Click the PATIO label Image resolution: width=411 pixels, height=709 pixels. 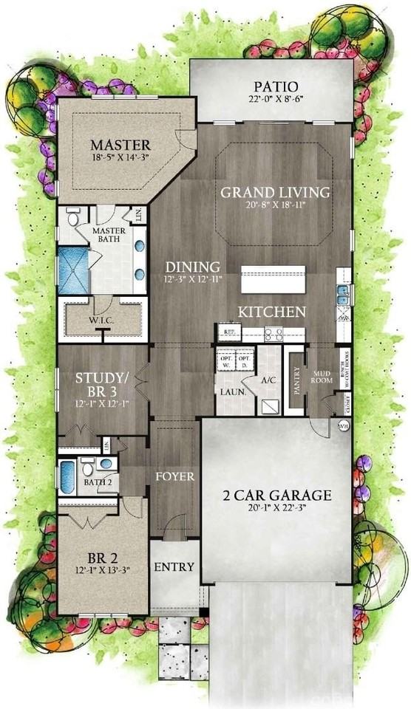coord(270,87)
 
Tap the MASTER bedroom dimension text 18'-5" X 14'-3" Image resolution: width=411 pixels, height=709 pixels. coord(120,157)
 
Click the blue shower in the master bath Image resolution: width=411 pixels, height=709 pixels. coord(72,264)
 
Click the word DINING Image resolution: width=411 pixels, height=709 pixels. coord(192,267)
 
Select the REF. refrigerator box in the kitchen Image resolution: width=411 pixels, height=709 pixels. coord(228,334)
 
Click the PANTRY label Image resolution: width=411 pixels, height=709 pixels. coord(296,380)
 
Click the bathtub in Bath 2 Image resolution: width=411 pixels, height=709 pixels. coord(67,477)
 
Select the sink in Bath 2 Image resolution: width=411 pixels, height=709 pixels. coord(106,464)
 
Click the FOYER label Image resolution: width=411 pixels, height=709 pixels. coord(175,476)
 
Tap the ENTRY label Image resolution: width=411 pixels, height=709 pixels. coord(174,567)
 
